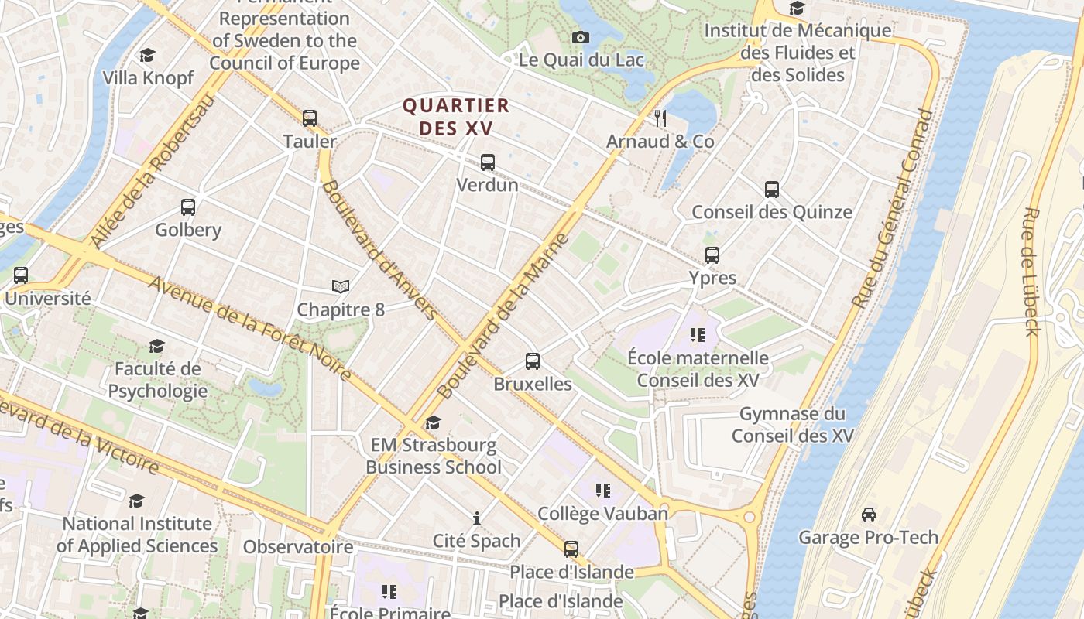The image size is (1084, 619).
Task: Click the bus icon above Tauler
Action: click(310, 118)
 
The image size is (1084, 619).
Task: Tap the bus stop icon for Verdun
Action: click(488, 162)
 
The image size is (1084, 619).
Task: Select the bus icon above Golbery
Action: click(188, 207)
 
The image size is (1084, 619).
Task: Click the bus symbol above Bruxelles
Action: click(533, 361)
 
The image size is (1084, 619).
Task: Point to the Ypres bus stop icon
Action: click(712, 255)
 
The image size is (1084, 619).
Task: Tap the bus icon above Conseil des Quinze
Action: click(772, 190)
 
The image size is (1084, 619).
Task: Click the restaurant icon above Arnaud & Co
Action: click(660, 118)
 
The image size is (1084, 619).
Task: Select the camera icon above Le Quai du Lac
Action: click(581, 37)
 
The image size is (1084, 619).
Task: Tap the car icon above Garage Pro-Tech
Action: click(869, 515)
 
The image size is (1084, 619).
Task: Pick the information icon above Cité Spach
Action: click(477, 518)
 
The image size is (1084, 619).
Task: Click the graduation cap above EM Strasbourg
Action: click(434, 422)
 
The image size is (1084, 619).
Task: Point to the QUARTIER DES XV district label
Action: click(456, 117)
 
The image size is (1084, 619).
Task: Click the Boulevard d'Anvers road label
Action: click(379, 249)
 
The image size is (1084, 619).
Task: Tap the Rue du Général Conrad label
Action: click(893, 209)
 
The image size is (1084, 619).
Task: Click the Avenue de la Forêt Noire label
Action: click(249, 328)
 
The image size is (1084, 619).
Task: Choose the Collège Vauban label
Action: click(602, 514)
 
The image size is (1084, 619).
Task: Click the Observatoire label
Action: click(298, 547)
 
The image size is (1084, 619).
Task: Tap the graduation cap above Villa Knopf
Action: click(147, 56)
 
